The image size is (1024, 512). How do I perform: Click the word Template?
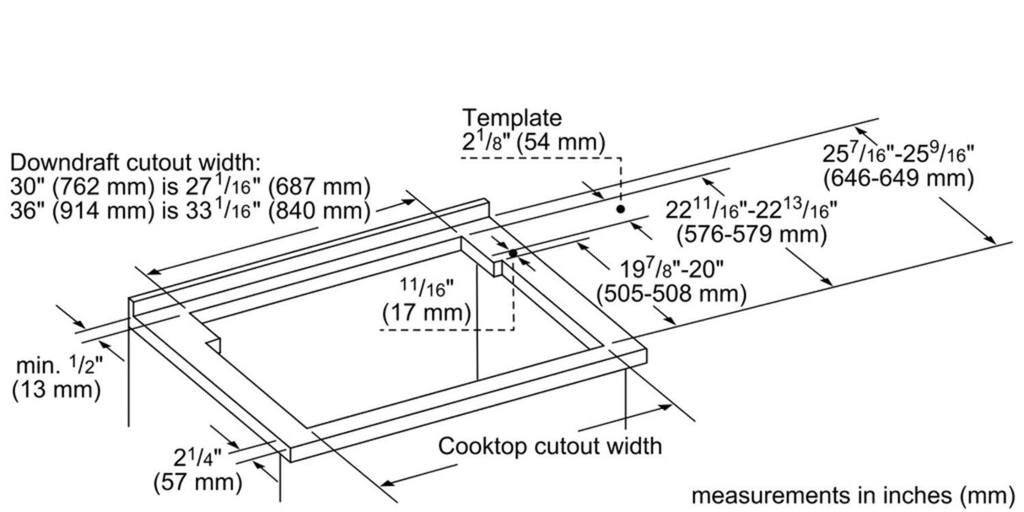point(511,118)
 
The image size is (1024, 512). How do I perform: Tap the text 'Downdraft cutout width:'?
point(136,162)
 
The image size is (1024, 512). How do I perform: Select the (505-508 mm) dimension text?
point(671,294)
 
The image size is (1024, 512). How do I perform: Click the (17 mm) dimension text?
point(426,314)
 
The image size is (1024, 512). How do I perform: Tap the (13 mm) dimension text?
point(56,390)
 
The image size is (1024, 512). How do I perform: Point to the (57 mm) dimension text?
point(197,483)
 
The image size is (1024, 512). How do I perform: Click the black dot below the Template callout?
point(620,208)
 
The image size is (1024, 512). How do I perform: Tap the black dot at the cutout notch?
point(513,253)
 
